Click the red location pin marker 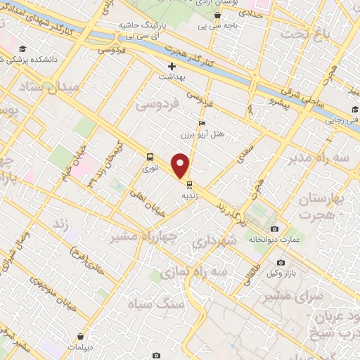(181, 166)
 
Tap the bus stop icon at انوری (150, 157)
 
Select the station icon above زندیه (189, 178)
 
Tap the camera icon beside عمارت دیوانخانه (274, 229)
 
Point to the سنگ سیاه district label (154, 303)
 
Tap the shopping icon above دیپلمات (84, 337)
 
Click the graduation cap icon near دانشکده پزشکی (23, 49)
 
